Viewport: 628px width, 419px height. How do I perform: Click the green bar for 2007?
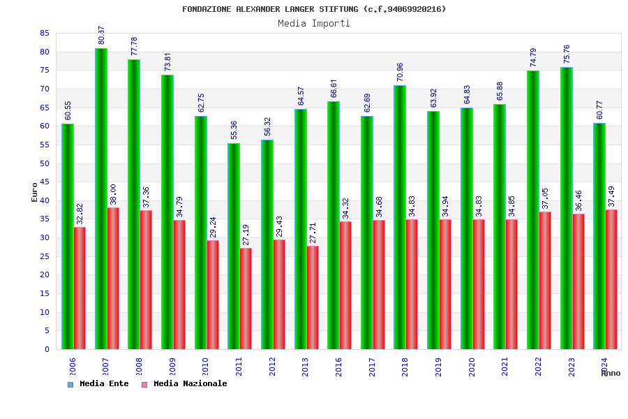[x=101, y=198]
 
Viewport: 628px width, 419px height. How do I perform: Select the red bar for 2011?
[x=246, y=298]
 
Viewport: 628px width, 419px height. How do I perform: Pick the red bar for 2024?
[x=611, y=279]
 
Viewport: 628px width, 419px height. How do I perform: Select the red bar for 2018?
[x=412, y=284]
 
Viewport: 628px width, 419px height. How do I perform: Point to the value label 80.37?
[x=101, y=36]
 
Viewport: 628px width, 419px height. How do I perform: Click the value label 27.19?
[x=246, y=235]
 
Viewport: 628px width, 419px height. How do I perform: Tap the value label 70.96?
[x=400, y=73]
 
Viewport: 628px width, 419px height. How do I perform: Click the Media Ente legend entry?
[x=98, y=384]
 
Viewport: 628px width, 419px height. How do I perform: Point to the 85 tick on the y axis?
[x=44, y=34]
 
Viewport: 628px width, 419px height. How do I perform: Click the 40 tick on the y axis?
[x=44, y=200]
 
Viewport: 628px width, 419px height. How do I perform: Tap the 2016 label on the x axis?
[x=338, y=367]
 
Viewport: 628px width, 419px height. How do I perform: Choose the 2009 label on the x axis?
[x=172, y=367]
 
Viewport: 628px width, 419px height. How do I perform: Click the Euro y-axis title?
[x=35, y=192]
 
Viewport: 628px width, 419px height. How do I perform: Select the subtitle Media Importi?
[x=314, y=23]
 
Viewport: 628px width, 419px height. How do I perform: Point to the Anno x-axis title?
[x=611, y=373]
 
